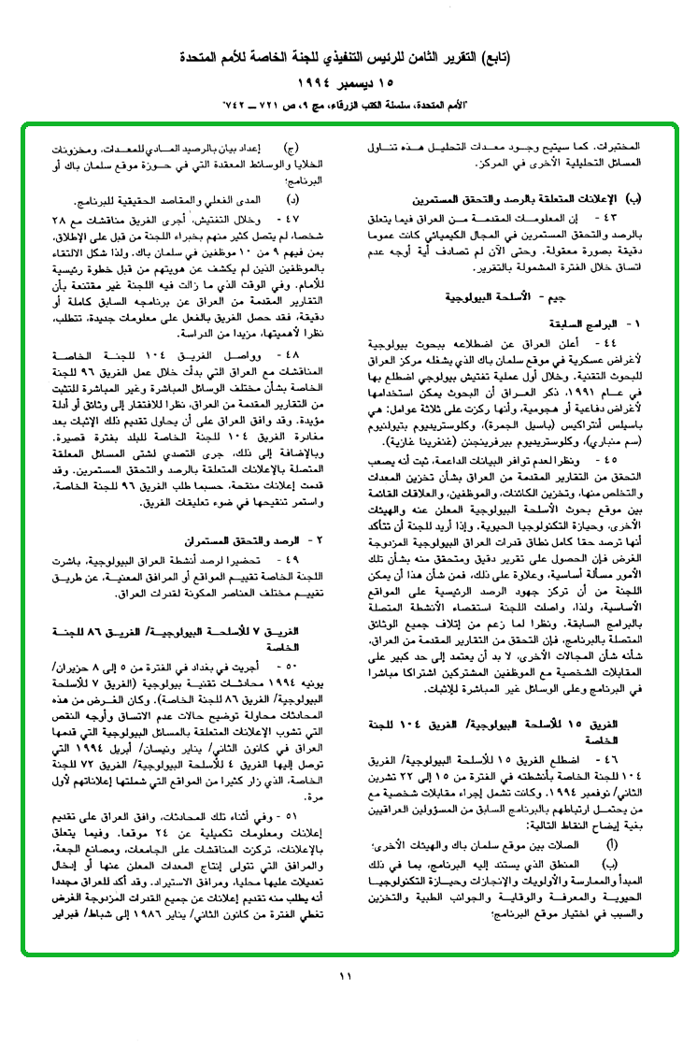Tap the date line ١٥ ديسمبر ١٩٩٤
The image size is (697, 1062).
(347, 81)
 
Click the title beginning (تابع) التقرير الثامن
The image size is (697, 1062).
(347, 61)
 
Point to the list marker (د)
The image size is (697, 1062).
(291, 200)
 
